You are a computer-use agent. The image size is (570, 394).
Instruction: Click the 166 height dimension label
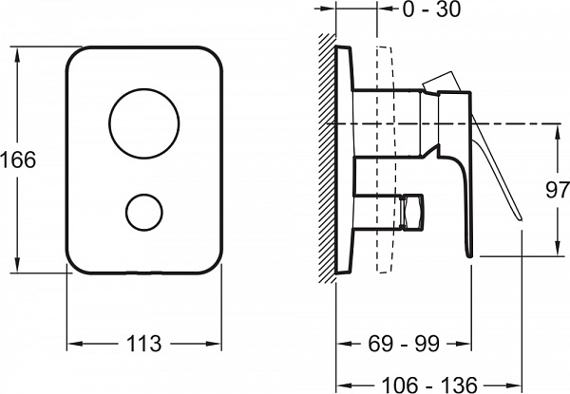pyautogui.click(x=18, y=159)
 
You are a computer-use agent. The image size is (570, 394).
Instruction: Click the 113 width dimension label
pyautogui.click(x=143, y=344)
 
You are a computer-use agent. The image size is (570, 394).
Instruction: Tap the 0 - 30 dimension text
pyautogui.click(x=432, y=9)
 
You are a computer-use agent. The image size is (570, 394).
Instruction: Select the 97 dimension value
pyautogui.click(x=558, y=190)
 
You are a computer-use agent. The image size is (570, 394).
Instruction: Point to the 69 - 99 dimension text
pyautogui.click(x=404, y=343)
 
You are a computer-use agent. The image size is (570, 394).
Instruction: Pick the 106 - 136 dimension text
pyautogui.click(x=429, y=385)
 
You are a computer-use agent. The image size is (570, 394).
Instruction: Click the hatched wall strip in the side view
pyautogui.click(x=327, y=159)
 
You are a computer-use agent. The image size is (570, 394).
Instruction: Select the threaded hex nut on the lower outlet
pyautogui.click(x=412, y=212)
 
